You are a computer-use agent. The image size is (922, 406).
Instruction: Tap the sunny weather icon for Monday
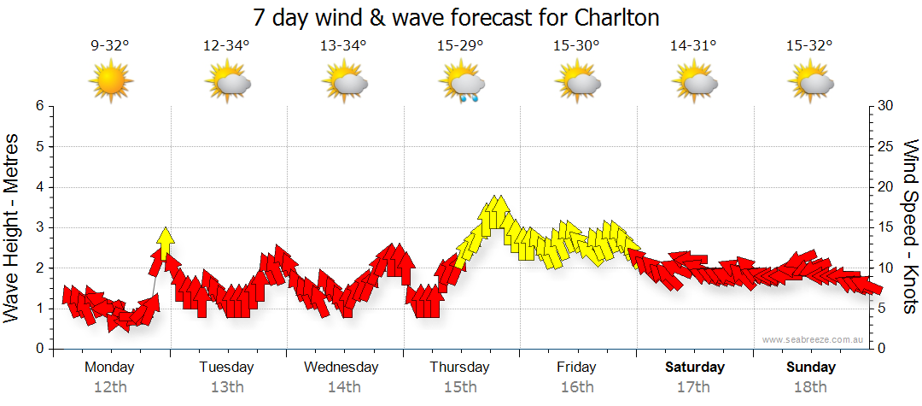(110, 83)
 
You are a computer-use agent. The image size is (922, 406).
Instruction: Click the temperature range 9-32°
(110, 46)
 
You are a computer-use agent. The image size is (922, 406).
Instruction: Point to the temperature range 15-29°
(460, 46)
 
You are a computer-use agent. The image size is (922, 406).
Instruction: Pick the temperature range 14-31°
(693, 46)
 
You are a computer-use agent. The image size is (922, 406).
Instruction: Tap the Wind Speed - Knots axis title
(910, 227)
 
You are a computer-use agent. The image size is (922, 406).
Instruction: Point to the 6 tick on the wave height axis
(38, 106)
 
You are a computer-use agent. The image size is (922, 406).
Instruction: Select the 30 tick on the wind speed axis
(886, 106)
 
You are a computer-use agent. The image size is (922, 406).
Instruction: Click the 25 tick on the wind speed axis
(886, 146)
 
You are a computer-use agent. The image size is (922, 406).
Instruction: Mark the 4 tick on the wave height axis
(38, 187)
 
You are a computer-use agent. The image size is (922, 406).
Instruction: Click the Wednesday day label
(341, 368)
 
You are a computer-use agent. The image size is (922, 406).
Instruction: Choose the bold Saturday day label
(695, 368)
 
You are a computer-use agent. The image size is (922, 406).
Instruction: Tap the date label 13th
(227, 387)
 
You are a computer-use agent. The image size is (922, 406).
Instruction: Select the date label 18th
(811, 387)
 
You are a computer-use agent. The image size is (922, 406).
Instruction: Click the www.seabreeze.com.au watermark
(814, 339)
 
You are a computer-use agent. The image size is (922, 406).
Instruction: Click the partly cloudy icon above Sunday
(812, 83)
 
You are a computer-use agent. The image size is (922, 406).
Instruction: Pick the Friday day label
(577, 368)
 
